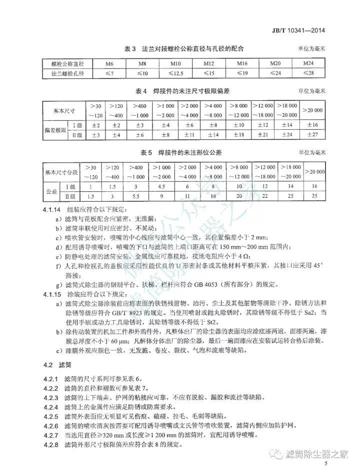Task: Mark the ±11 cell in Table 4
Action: coord(190,134)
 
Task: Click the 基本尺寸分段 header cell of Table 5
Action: coord(60,172)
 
